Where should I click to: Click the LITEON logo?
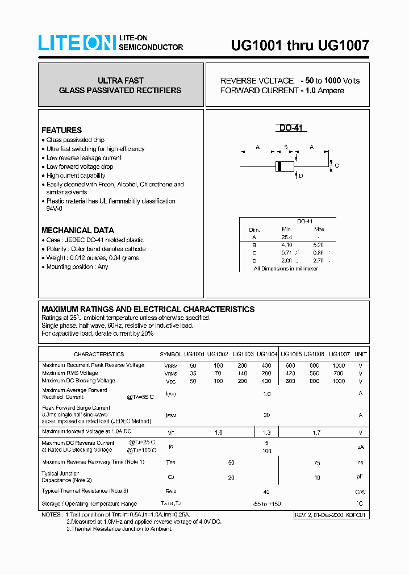click(77, 43)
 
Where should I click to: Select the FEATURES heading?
click(61, 130)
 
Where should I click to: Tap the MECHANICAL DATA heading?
click(77, 230)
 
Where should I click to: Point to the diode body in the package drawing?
click(284, 166)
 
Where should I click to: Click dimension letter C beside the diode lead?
click(336, 166)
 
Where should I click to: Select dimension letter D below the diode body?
click(301, 176)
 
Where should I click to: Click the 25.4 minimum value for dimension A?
click(286, 238)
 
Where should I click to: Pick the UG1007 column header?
click(339, 354)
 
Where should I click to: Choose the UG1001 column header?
click(194, 354)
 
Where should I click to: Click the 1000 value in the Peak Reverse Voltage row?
click(339, 365)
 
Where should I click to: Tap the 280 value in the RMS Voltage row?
click(266, 373)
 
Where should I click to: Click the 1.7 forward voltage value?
click(316, 432)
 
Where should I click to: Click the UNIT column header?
click(361, 354)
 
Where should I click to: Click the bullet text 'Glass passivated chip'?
click(75, 140)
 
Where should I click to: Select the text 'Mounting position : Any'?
click(77, 267)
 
